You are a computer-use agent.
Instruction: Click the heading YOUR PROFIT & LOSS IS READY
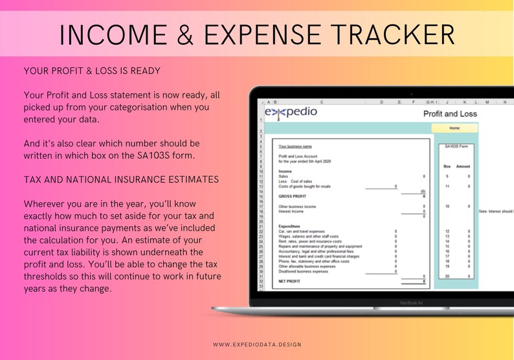pyautogui.click(x=92, y=70)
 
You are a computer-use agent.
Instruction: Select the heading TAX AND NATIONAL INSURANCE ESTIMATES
pyautogui.click(x=120, y=179)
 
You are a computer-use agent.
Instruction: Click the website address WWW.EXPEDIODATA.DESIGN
pyautogui.click(x=257, y=344)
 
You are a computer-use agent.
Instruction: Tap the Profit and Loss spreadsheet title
pyautogui.click(x=450, y=114)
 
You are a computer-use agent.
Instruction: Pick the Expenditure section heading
pyautogui.click(x=289, y=226)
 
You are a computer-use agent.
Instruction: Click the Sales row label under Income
pyautogui.click(x=283, y=175)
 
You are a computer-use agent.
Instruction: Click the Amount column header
pyautogui.click(x=464, y=166)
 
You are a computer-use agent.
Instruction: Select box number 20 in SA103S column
pyautogui.click(x=447, y=276)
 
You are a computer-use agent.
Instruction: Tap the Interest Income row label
pyautogui.click(x=291, y=211)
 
